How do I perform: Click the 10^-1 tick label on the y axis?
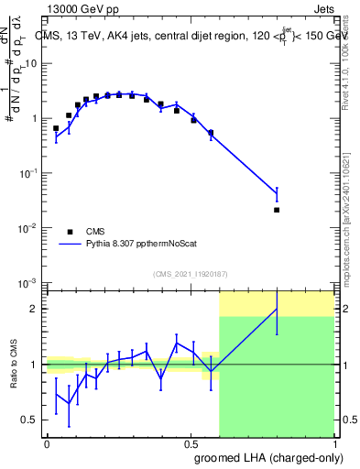coord(29,172)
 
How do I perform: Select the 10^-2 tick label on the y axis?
coord(29,227)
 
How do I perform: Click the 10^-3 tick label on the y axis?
coord(29,282)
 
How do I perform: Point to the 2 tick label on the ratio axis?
coord(36,310)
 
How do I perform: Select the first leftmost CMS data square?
coord(56,128)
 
